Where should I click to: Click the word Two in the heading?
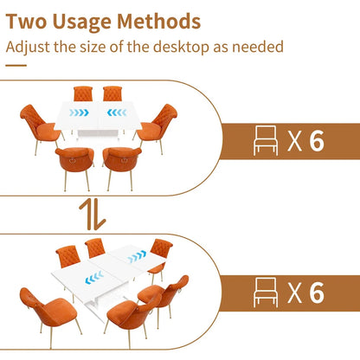coord(32,21)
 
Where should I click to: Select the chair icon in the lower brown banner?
coord(266,292)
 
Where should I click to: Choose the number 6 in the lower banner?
coord(317,292)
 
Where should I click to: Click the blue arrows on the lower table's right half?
coord(137,258)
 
